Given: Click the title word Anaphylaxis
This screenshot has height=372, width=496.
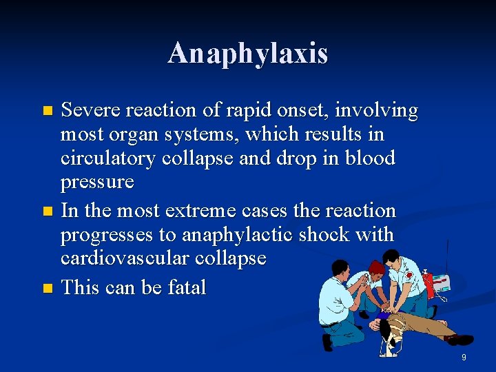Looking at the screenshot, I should pos(248,54).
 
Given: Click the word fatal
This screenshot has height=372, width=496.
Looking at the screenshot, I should pos(183,287).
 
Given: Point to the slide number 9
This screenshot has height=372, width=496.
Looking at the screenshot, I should pos(464,357).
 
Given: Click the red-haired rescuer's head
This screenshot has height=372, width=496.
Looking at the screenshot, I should pos(376,268).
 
